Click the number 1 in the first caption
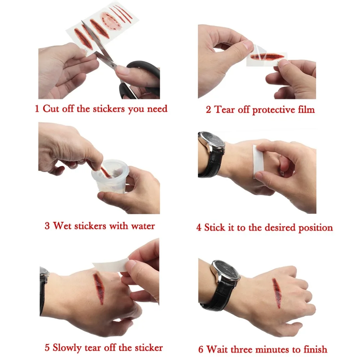point(37,109)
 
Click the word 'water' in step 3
point(143,226)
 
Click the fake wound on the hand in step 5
point(99,288)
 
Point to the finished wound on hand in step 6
point(277,293)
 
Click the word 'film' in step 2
point(306,109)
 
